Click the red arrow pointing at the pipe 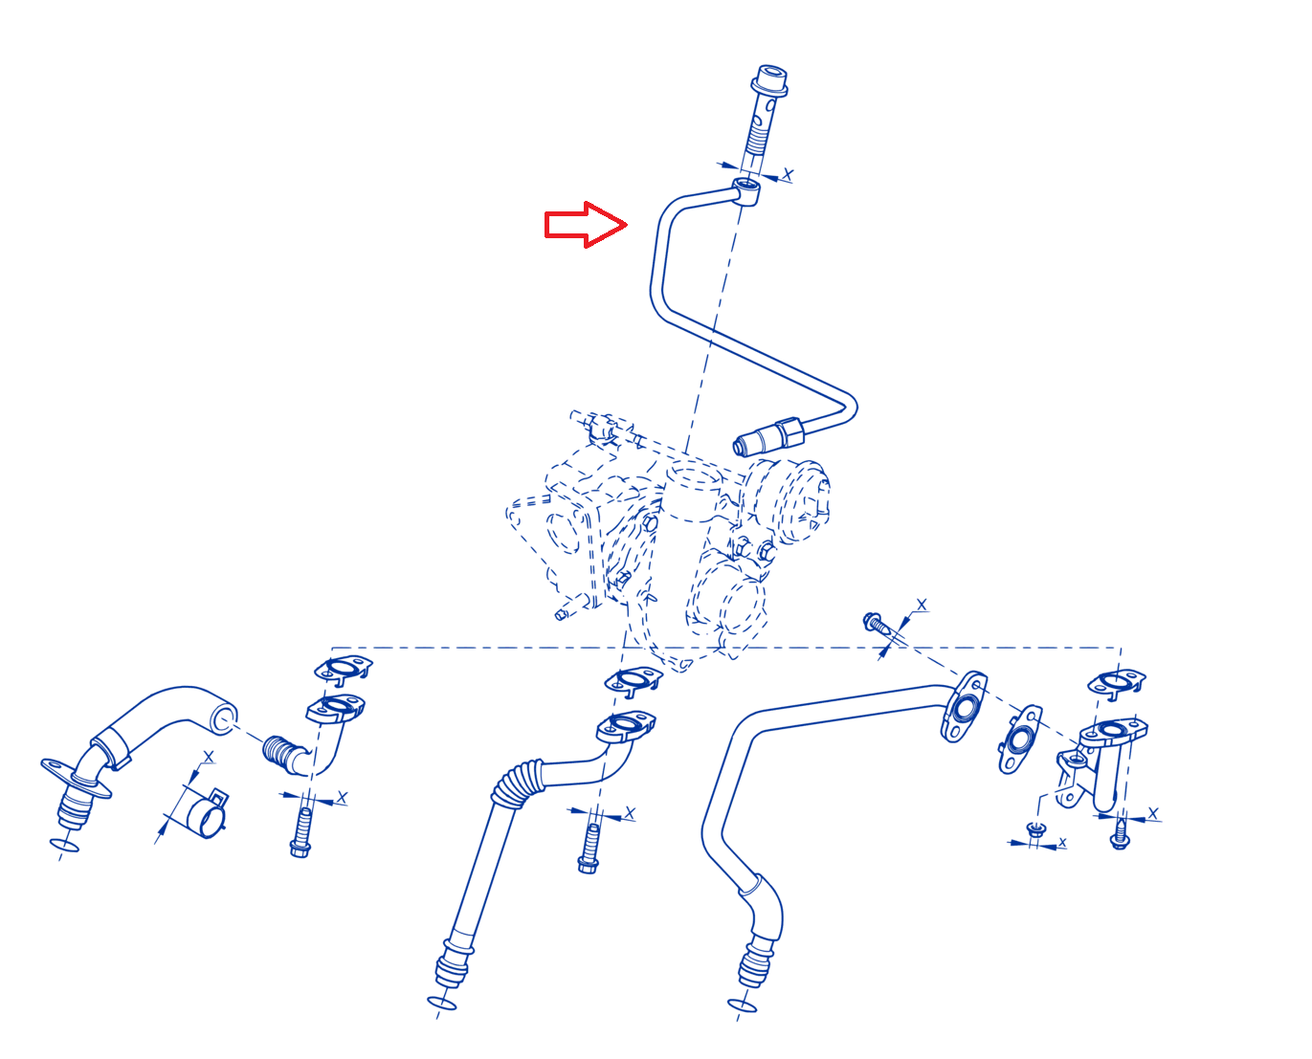pos(585,225)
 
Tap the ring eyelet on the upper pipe pos(745,191)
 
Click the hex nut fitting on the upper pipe pos(789,433)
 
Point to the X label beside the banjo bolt pos(788,175)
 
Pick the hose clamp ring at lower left pos(207,813)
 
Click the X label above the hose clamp pos(209,757)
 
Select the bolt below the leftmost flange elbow pos(301,832)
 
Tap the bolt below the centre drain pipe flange pos(589,849)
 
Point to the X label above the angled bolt pos(921,606)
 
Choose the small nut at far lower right pos(1035,828)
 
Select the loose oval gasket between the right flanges pos(1019,739)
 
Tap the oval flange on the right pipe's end pos(964,706)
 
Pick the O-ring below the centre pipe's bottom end pos(442,1003)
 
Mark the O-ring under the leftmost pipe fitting pos(64,846)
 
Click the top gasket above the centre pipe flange pos(634,680)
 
